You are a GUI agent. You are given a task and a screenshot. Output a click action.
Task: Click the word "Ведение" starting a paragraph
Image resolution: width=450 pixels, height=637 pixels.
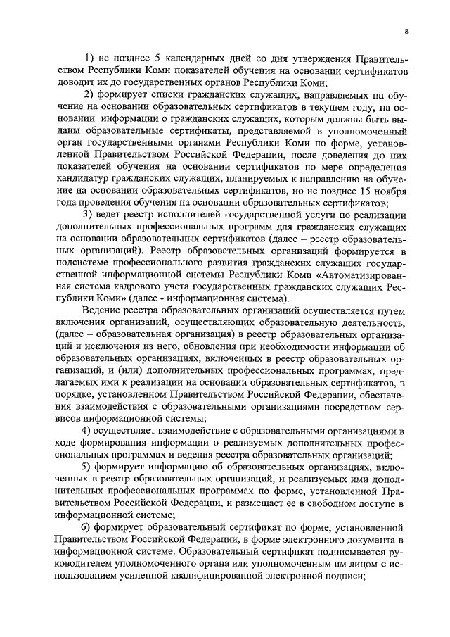click(103, 312)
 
